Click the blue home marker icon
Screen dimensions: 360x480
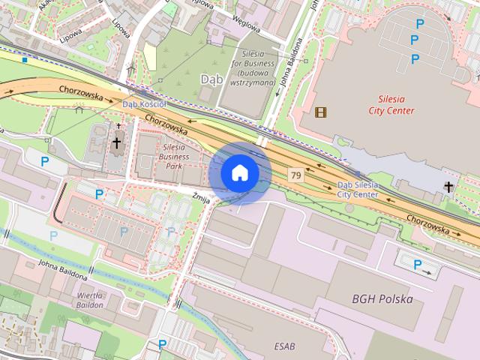[x=239, y=172]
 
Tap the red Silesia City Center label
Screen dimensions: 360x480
[x=391, y=104]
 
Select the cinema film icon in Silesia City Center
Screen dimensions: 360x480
[x=322, y=112]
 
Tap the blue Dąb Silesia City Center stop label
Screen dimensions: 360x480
[x=358, y=188]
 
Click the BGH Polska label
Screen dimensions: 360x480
[x=382, y=298]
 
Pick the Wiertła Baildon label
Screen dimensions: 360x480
[x=90, y=300]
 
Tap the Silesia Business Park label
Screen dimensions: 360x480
[x=179, y=156]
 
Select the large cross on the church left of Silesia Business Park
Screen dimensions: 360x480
[x=116, y=142]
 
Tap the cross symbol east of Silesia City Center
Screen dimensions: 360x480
[x=448, y=186]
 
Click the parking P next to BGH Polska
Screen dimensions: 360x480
[x=417, y=264]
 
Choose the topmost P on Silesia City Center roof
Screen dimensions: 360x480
[x=419, y=24]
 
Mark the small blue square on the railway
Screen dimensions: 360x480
[x=25, y=59]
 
